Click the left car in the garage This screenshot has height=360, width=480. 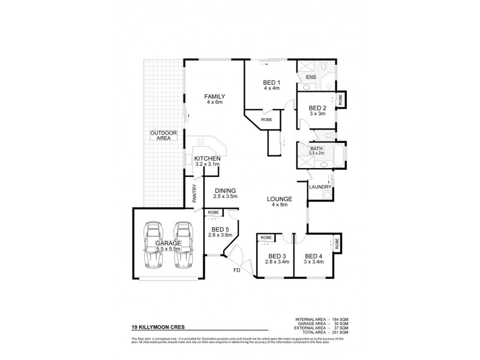pyautogui.click(x=154, y=246)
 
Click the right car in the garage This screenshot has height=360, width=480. pyautogui.click(x=183, y=246)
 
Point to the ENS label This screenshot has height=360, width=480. pyautogui.click(x=311, y=78)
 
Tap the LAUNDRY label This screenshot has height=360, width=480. pyautogui.click(x=320, y=187)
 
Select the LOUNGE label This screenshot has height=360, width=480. pyautogui.click(x=280, y=199)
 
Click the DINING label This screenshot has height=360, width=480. pyautogui.click(x=226, y=191)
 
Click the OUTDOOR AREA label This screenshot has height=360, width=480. pyautogui.click(x=160, y=135)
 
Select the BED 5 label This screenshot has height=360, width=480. pyautogui.click(x=220, y=230)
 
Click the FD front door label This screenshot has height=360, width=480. pyautogui.click(x=236, y=271)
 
